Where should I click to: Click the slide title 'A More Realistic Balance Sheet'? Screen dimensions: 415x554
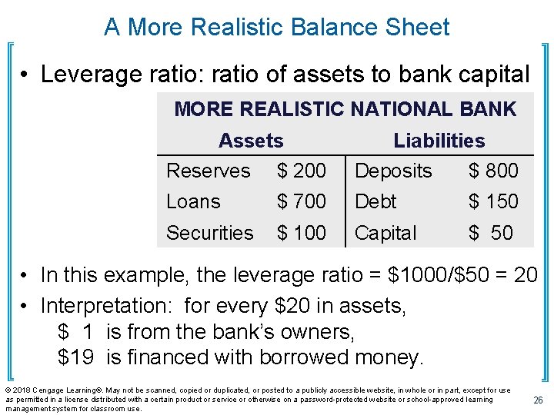click(277, 28)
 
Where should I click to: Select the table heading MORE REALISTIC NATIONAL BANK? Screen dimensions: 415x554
click(345, 109)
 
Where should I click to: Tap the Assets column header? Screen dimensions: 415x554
click(251, 141)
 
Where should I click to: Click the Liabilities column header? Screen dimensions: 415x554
click(439, 141)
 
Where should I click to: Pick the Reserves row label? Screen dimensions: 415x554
click(209, 171)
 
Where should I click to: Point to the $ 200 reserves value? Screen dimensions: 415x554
click(301, 171)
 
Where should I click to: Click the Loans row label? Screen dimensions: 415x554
click(193, 202)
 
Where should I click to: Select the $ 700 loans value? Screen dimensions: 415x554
click(301, 202)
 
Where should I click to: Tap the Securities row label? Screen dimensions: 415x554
click(209, 233)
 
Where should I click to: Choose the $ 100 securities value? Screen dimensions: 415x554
click(301, 233)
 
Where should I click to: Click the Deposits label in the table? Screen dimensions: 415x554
click(393, 171)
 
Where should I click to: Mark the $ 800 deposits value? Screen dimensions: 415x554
click(493, 171)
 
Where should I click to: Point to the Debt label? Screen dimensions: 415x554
click(375, 202)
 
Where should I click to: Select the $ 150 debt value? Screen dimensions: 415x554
click(493, 202)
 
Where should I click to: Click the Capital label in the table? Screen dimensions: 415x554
click(385, 233)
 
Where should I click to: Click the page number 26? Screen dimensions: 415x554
click(538, 400)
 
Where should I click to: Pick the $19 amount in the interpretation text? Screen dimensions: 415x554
click(70, 357)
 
